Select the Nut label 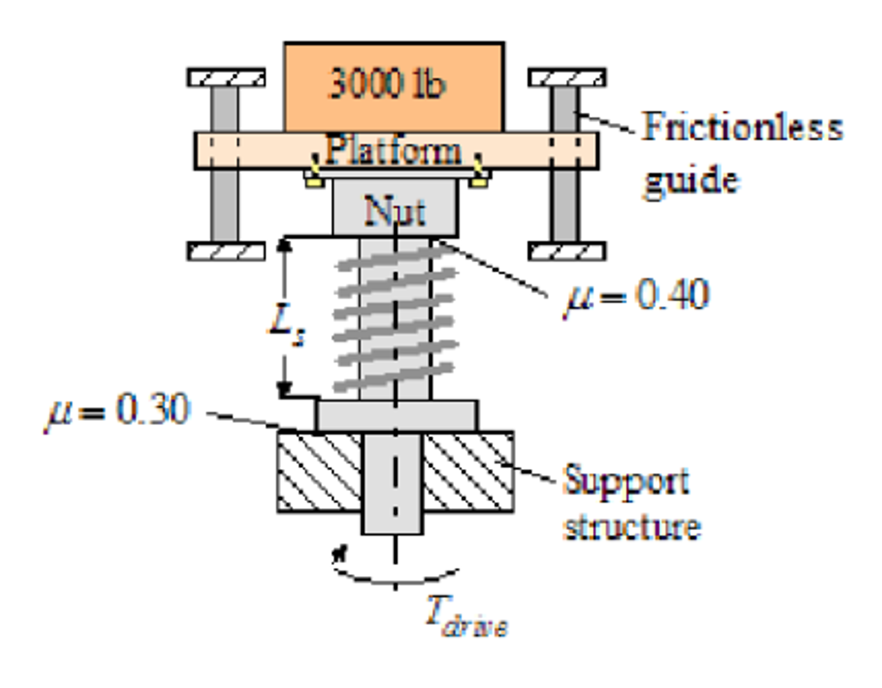tap(394, 211)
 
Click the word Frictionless tap(741, 127)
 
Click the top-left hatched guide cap tap(226, 78)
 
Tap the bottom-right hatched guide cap tap(567, 251)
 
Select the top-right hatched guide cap tap(567, 78)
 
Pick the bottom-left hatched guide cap tap(226, 251)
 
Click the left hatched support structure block tap(319, 472)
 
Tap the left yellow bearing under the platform tap(314, 182)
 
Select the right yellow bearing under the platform tap(478, 182)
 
